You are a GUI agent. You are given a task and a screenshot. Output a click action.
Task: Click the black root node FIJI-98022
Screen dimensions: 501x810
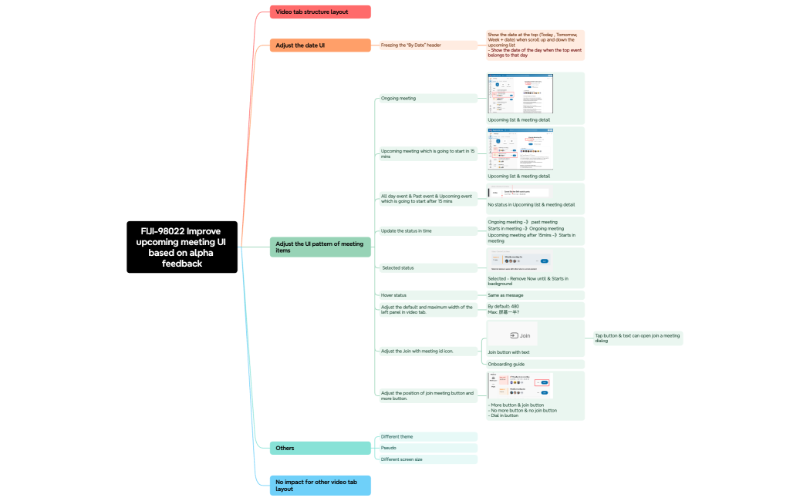pos(182,247)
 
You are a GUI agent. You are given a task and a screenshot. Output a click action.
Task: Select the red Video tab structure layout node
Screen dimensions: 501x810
pos(320,12)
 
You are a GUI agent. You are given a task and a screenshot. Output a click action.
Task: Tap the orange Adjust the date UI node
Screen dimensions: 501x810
pos(320,45)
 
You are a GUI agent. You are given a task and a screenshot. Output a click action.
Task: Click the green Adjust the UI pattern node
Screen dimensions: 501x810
pos(320,247)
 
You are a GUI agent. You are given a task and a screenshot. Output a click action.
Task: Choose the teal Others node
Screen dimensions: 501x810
pos(320,448)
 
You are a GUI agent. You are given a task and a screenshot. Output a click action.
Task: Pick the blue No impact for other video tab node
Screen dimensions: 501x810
pos(320,485)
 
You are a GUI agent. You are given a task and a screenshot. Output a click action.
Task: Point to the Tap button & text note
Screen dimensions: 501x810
pos(636,338)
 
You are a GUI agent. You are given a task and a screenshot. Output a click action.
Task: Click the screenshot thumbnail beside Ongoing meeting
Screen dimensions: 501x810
pos(520,93)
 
